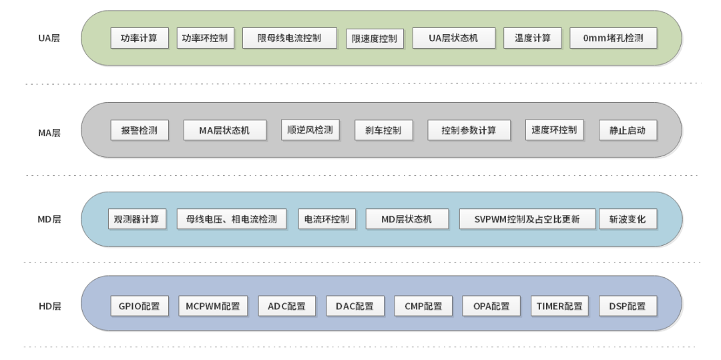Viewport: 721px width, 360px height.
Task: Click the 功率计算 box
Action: [139, 38]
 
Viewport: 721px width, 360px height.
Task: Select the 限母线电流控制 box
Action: [289, 38]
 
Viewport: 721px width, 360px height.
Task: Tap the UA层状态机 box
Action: [454, 38]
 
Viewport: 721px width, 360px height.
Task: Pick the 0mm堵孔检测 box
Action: [613, 38]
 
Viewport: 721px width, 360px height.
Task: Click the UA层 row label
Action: [49, 38]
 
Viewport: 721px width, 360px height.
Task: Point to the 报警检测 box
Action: [139, 130]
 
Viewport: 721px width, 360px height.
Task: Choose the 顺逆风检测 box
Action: [310, 130]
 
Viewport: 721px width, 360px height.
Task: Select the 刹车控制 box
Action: [383, 130]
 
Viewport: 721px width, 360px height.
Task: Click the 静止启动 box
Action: [628, 130]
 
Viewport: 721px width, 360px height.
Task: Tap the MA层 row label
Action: [49, 132]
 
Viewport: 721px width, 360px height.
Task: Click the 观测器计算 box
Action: [136, 219]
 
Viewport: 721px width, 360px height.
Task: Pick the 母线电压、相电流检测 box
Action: [231, 219]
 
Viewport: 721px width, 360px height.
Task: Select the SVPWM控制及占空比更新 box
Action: [527, 219]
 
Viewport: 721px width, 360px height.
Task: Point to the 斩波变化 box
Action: [628, 219]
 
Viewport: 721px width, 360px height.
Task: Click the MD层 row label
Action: [49, 219]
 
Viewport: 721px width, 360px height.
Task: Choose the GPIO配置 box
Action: [139, 306]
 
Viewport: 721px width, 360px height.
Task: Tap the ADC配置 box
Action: [286, 306]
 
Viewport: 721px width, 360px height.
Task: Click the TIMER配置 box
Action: [559, 306]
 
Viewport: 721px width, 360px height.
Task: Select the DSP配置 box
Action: [628, 306]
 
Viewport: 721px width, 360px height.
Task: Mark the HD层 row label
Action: [49, 306]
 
